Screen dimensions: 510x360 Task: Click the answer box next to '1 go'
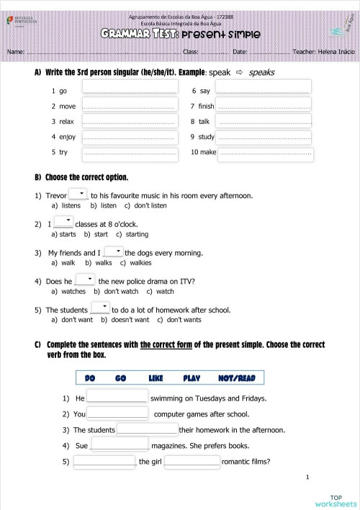pyautogui.click(x=130, y=88)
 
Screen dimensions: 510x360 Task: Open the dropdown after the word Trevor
pyautogui.click(x=78, y=194)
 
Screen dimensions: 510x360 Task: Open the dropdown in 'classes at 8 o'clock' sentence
pyautogui.click(x=63, y=222)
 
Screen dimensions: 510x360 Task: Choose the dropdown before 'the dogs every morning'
pyautogui.click(x=114, y=251)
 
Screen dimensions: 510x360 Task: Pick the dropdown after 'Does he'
pyautogui.click(x=85, y=279)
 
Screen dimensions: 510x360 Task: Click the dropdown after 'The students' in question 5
pyautogui.click(x=100, y=308)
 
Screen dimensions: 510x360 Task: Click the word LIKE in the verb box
pyautogui.click(x=156, y=378)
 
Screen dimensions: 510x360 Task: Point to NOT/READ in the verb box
pyautogui.click(x=236, y=378)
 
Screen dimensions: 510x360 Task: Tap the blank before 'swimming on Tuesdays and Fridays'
pyautogui.click(x=117, y=397)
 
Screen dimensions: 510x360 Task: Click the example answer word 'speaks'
pyautogui.click(x=261, y=72)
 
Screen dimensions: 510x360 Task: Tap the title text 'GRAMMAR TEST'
pyautogui.click(x=140, y=33)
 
